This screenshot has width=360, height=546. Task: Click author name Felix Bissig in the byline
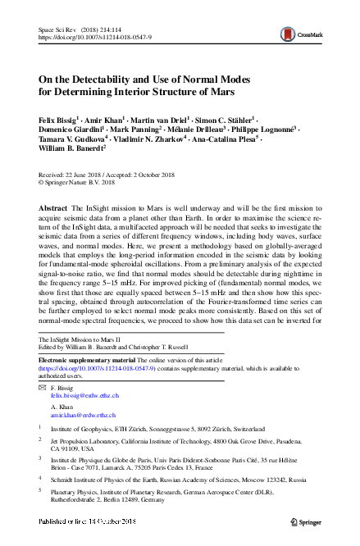pos(61,119)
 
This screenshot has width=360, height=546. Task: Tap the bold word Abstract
pos(54,209)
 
